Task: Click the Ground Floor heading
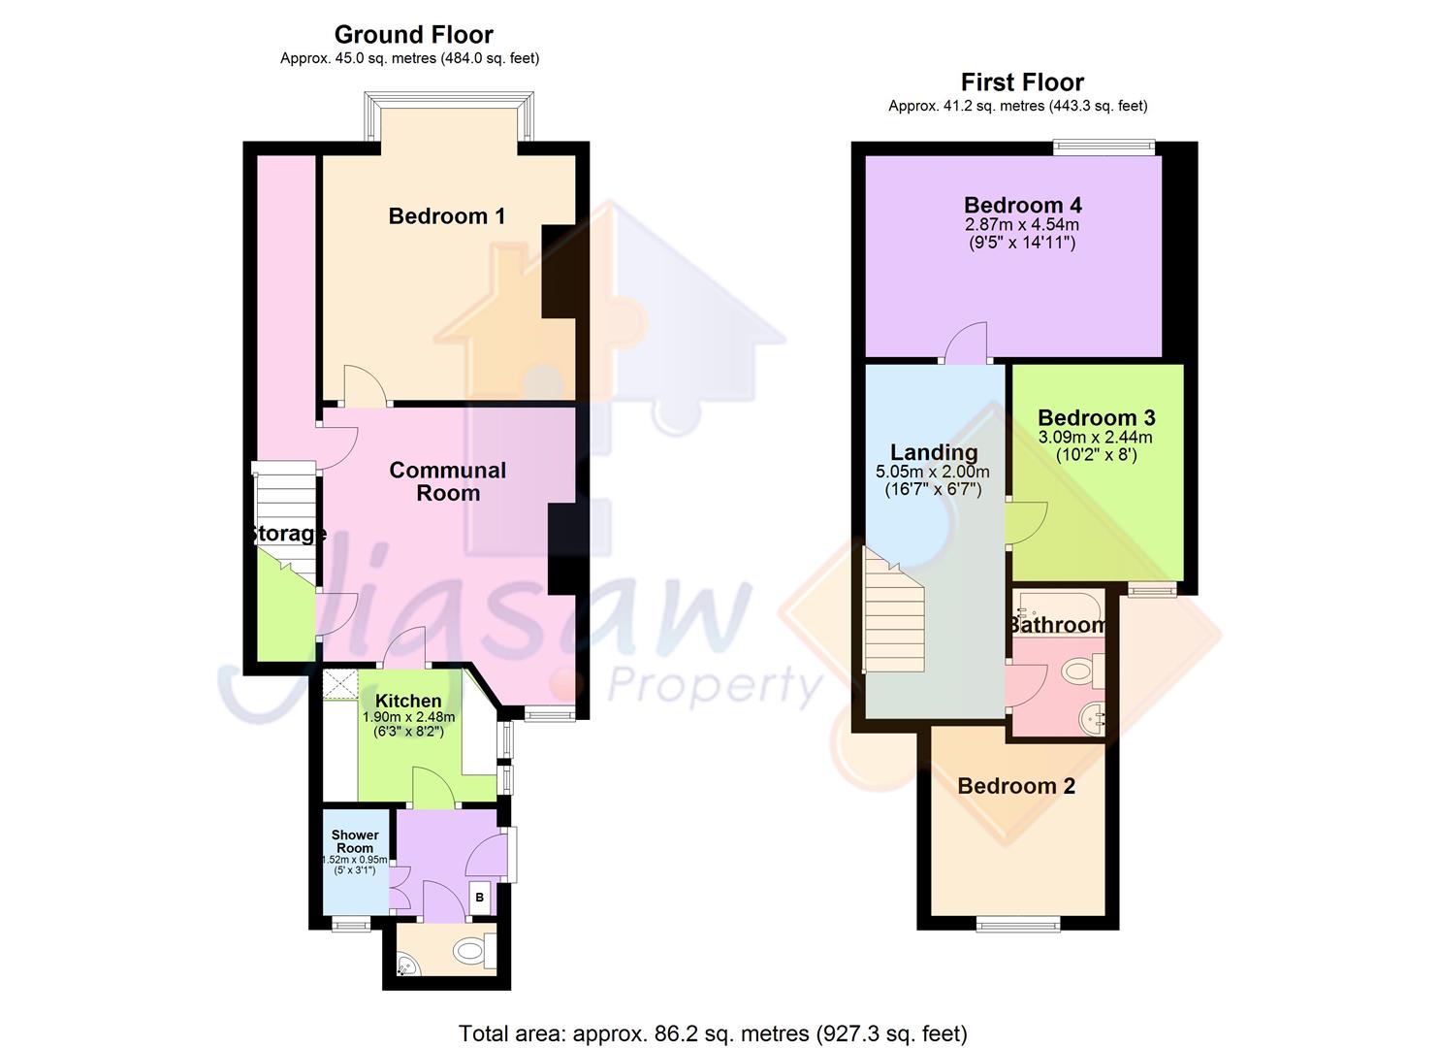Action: (x=413, y=35)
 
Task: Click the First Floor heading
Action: (x=1022, y=82)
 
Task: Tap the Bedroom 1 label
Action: (x=446, y=216)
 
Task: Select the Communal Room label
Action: (x=447, y=481)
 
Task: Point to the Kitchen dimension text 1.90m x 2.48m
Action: (x=408, y=717)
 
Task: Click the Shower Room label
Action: (x=355, y=841)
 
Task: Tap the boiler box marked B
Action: (x=480, y=898)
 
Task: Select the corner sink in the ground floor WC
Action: (x=407, y=965)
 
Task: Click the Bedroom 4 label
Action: (x=1022, y=205)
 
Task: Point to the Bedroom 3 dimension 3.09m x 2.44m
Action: (x=1096, y=438)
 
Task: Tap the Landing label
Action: (x=934, y=452)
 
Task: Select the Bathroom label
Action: (x=1057, y=625)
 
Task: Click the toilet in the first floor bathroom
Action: (x=1078, y=670)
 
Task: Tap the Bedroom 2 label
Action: (x=1016, y=786)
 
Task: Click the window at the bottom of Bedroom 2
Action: (x=1017, y=923)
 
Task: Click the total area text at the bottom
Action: (x=713, y=1033)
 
